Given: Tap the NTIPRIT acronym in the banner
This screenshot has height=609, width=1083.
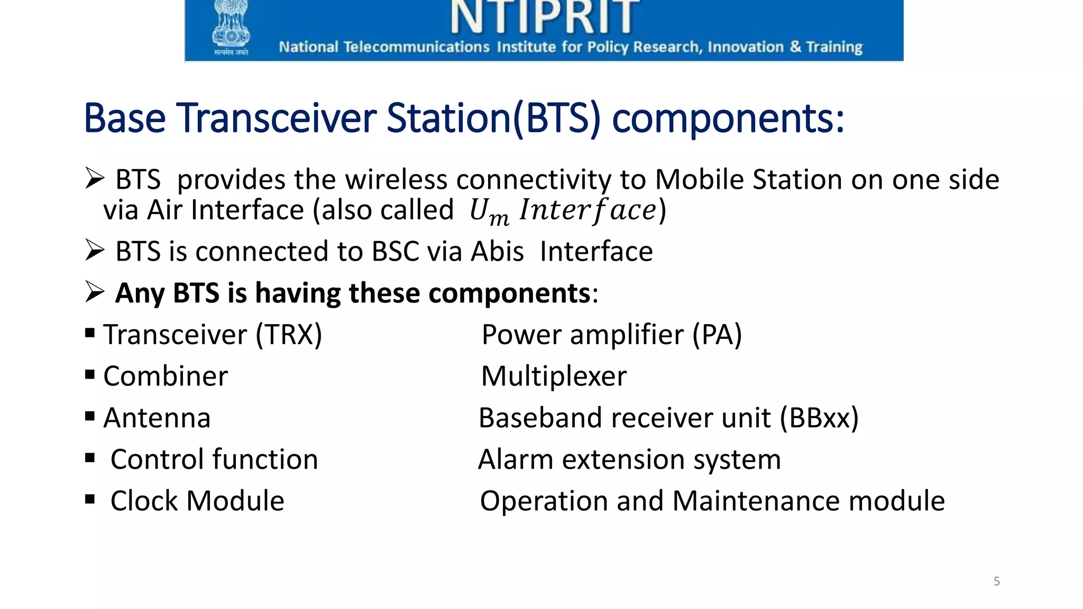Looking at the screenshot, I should click(x=545, y=17).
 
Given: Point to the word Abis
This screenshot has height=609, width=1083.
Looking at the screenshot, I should click(x=497, y=251).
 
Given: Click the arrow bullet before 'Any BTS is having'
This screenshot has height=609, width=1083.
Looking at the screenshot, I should click(x=95, y=292).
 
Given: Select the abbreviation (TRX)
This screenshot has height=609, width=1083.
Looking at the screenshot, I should click(x=289, y=335).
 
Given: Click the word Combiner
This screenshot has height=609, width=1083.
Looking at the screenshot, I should click(x=166, y=376).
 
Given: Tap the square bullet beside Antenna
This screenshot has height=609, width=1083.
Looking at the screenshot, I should click(x=90, y=417).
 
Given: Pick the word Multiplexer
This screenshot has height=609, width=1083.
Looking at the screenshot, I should click(x=554, y=376).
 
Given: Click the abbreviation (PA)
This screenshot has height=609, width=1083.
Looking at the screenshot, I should click(x=717, y=335).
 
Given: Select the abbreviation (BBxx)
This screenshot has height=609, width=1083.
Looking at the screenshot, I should click(x=819, y=418).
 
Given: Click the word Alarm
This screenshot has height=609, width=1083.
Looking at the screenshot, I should click(x=516, y=459).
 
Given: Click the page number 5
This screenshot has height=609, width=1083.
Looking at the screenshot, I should click(x=996, y=582).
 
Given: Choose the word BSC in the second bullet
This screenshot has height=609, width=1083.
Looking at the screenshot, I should click(x=395, y=251).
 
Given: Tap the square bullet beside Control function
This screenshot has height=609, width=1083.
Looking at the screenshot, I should click(x=90, y=458).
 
